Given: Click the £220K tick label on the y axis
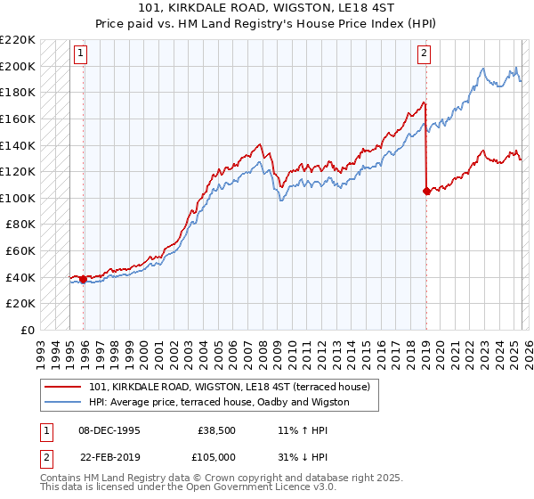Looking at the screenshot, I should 19,40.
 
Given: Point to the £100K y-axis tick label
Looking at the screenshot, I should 19,198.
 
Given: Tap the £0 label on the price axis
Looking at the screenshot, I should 28,330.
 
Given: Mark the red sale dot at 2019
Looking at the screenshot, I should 426,191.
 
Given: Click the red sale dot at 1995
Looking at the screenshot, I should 84,279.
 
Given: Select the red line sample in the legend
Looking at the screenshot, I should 63,387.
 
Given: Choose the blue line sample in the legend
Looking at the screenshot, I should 63,402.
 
